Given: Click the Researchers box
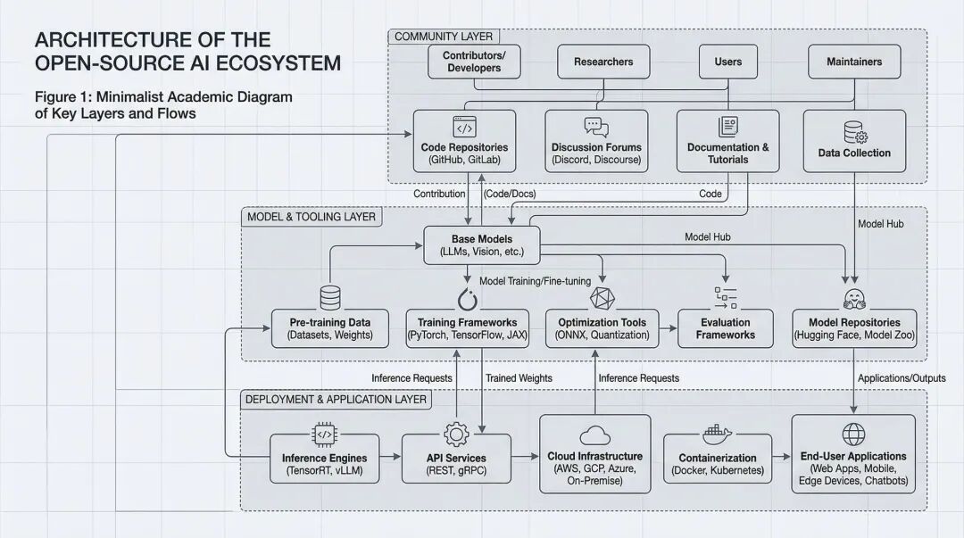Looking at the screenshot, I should click(x=603, y=62).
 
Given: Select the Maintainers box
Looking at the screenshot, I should click(x=853, y=62).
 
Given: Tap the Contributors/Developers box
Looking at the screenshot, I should click(x=473, y=62).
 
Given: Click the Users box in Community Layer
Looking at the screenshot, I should click(x=728, y=62).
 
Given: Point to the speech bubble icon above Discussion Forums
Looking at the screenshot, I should click(x=595, y=128).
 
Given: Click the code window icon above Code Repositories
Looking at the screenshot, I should click(x=464, y=127).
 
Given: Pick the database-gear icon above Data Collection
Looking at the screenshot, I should click(x=854, y=133).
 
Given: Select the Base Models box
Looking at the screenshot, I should click(x=482, y=244).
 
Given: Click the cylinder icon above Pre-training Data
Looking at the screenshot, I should click(x=330, y=297).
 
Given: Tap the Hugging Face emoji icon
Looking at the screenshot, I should click(x=854, y=298).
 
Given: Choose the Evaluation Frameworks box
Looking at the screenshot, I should click(x=726, y=328).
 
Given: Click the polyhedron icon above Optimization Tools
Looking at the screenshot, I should click(x=602, y=297).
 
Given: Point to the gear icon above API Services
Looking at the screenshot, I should click(x=456, y=435).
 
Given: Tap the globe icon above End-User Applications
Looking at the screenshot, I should click(x=853, y=435).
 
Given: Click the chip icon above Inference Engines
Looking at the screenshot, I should click(x=324, y=435).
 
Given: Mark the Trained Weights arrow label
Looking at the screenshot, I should click(x=519, y=378).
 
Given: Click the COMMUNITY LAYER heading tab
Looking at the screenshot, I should click(x=443, y=37).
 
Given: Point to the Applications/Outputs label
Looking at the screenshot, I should click(x=895, y=378).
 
